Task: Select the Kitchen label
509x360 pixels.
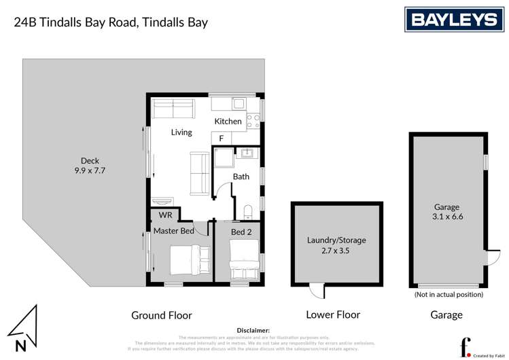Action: pos(228,122)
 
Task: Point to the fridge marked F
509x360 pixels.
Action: pos(221,139)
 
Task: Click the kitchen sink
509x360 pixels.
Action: pos(239,105)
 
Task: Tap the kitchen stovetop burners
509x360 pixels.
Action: pos(253,121)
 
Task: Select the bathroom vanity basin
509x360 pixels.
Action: pos(246,154)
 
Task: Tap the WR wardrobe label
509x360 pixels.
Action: pos(165,215)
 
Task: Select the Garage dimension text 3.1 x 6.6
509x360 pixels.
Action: pos(448,217)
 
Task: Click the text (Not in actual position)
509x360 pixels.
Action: pos(449,295)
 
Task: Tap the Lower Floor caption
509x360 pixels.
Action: pos(333,314)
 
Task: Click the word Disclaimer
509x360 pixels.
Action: pos(253,329)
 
